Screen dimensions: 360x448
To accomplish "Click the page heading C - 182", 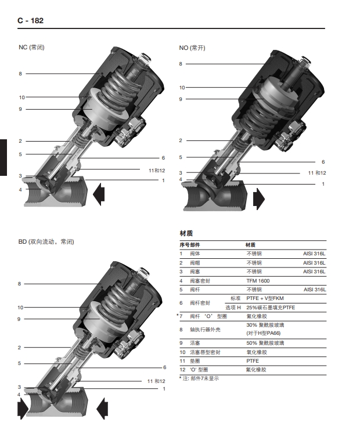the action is point(31,20).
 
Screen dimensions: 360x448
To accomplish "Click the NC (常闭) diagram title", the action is point(31,47).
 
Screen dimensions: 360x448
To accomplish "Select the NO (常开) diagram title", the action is point(192,48).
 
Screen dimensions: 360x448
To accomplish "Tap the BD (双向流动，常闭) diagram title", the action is point(46,242).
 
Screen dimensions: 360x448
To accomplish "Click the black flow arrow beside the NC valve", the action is point(99,194).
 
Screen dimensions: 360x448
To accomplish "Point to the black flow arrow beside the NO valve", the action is point(259,199).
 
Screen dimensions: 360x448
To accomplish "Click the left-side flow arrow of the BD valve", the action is point(23,409).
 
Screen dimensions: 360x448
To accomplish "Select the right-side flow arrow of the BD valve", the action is point(102,409).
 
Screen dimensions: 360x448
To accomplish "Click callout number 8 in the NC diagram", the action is point(20,74).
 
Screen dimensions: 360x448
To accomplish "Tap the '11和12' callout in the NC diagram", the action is point(157,171).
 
